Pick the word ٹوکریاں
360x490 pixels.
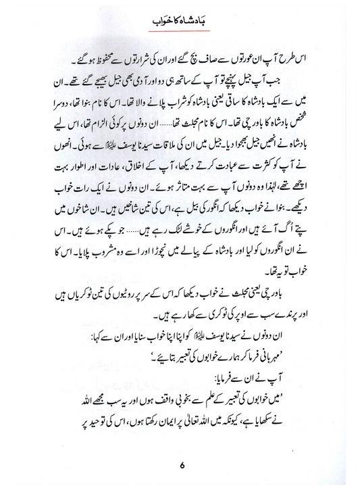click(65, 281)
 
